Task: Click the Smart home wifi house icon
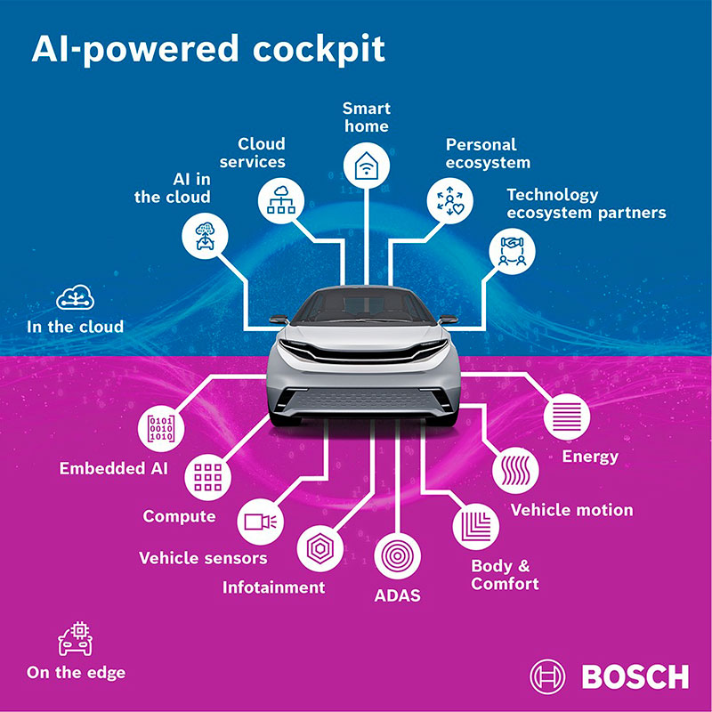[366, 166]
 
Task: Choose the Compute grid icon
[207, 478]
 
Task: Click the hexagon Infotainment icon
[320, 548]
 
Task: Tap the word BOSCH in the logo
[634, 676]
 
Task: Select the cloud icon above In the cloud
[75, 298]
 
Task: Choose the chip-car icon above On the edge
[76, 639]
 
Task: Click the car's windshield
[362, 308]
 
